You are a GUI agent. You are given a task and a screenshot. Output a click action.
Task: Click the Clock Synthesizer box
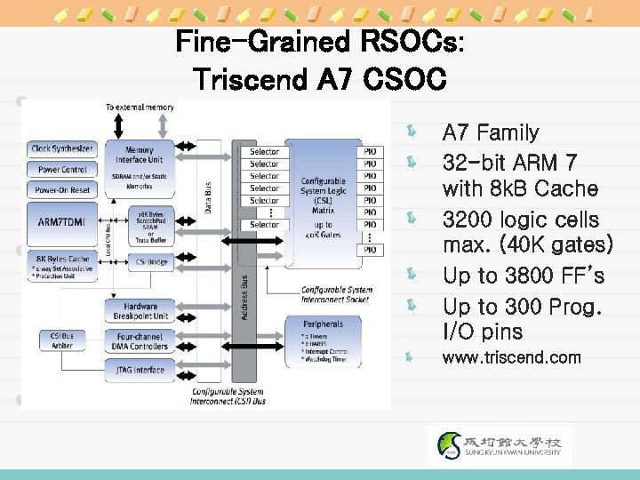(62, 148)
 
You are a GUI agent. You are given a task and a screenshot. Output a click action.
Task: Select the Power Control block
(62, 169)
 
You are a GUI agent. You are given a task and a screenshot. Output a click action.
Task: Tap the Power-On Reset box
(62, 190)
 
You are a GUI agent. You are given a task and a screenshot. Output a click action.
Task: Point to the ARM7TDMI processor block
(62, 220)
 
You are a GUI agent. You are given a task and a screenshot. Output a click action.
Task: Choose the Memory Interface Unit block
(140, 155)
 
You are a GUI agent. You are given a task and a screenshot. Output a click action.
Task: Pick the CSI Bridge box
(152, 261)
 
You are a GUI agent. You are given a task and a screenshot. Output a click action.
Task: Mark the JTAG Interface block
(140, 370)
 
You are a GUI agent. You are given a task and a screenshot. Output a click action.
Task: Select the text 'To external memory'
(140, 107)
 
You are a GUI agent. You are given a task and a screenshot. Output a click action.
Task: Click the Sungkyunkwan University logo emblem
(452, 445)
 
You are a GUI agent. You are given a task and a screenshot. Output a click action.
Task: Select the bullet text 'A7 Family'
(491, 133)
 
